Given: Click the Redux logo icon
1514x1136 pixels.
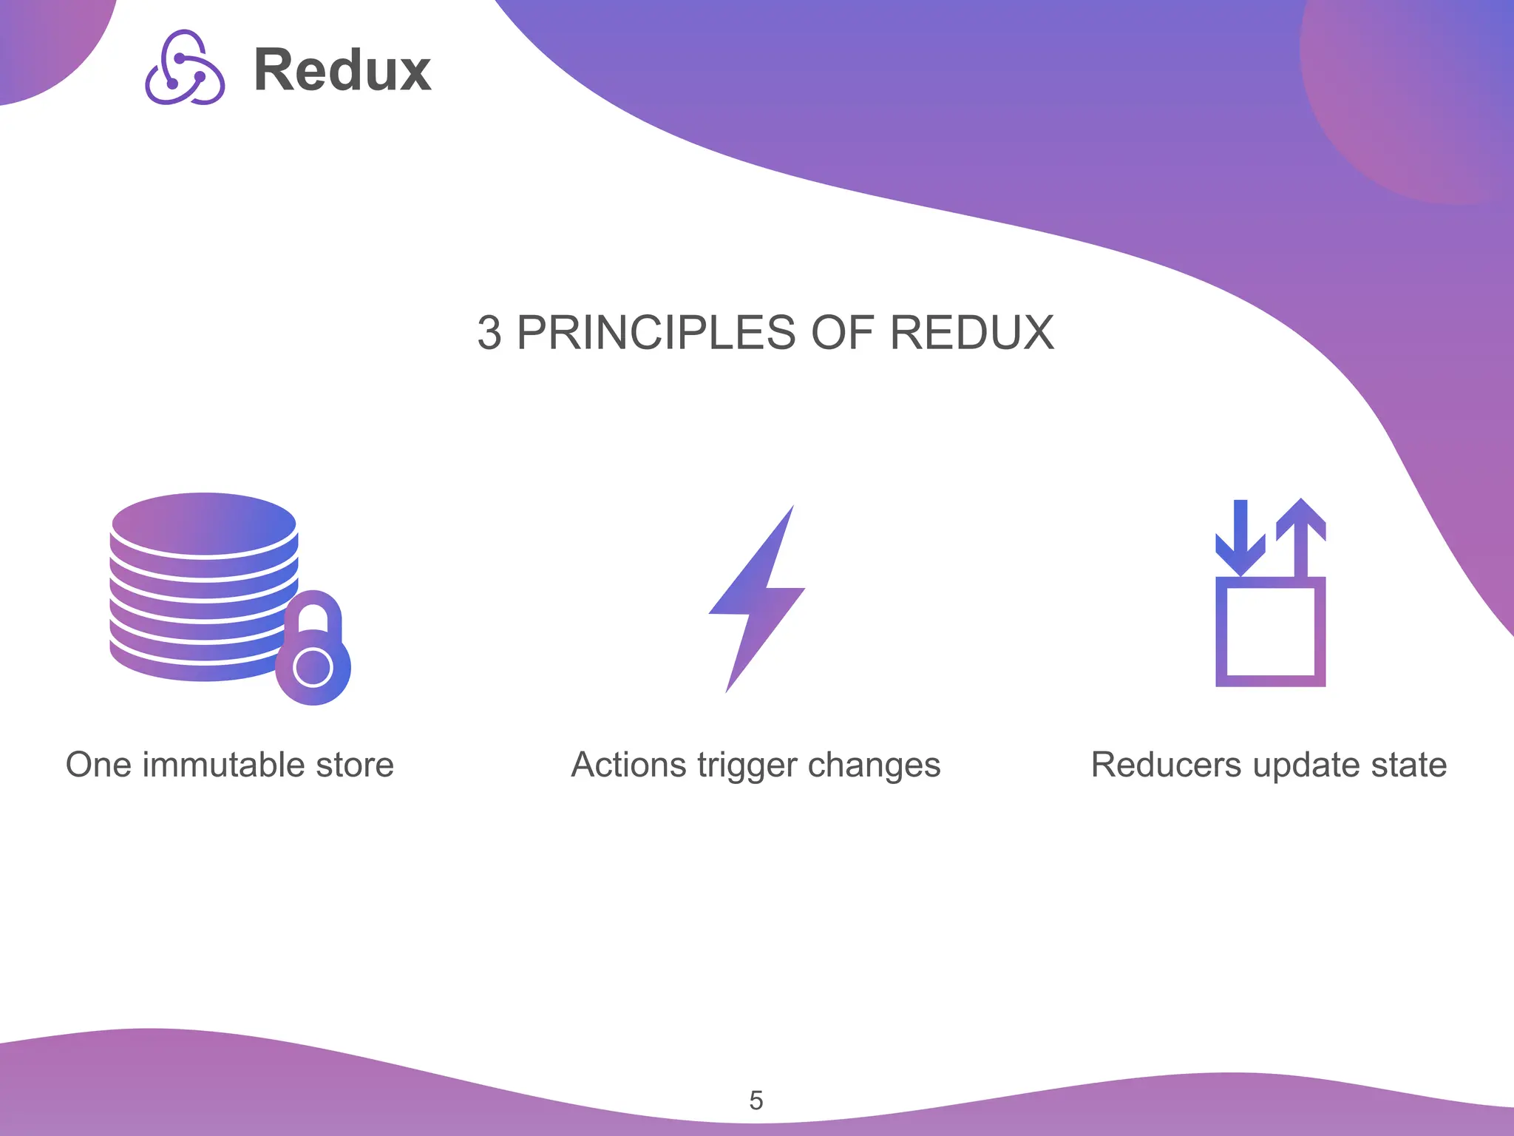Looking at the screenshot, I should coord(185,68).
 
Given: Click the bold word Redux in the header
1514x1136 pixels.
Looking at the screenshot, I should coord(342,70).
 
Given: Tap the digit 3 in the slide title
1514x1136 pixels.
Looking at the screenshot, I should coord(489,333).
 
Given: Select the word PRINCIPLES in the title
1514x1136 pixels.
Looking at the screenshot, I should coord(656,333).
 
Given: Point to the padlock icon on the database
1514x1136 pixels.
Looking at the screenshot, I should coord(313,649).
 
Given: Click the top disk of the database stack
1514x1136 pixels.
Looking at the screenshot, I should coord(204,524).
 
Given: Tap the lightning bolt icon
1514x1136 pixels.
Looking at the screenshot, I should coord(758,599).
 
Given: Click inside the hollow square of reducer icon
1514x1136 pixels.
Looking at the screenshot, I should coord(1270,632).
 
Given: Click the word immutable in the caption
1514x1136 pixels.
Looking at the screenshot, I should coord(224,765).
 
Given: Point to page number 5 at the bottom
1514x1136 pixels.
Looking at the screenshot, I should coord(756,1100).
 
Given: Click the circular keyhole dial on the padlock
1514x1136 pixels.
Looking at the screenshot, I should coord(313,668).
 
